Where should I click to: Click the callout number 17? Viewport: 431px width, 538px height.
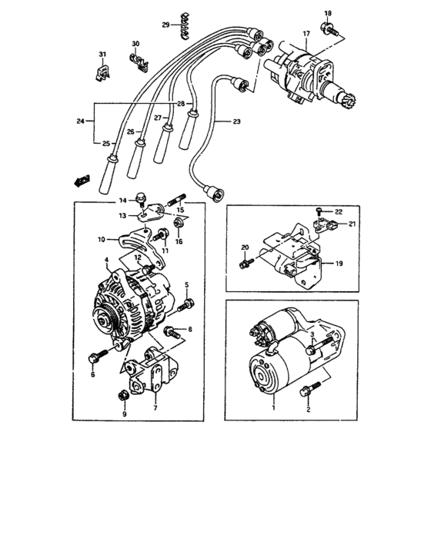[306, 34]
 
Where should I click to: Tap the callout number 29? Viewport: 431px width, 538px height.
[165, 25]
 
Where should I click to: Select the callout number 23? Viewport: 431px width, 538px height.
[236, 122]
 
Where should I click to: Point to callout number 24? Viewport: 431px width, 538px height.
[80, 120]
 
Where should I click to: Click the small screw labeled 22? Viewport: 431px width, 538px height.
[319, 209]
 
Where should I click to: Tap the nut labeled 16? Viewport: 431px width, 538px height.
[179, 223]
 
